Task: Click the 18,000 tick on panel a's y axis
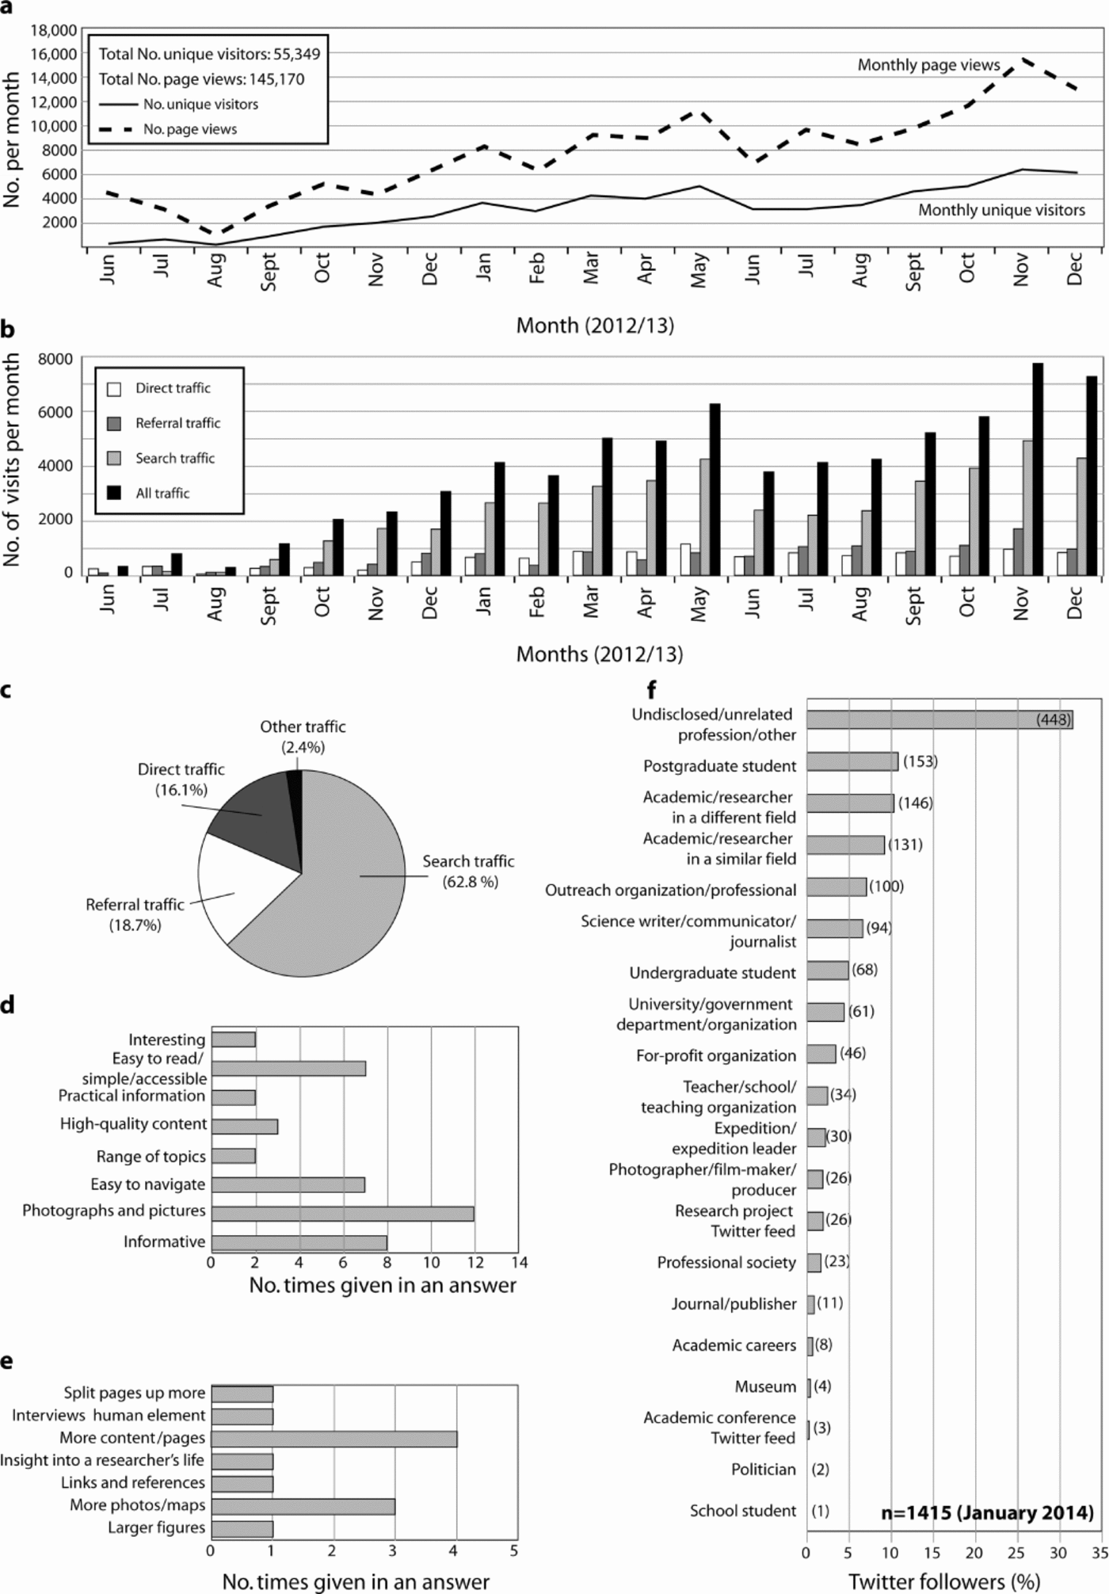pyautogui.click(x=54, y=30)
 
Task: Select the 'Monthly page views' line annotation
pyautogui.click(x=928, y=65)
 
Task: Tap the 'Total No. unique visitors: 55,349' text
pyautogui.click(x=209, y=54)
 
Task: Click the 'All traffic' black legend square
pyautogui.click(x=114, y=493)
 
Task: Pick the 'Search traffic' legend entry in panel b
pyautogui.click(x=174, y=458)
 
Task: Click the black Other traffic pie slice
pyautogui.click(x=295, y=780)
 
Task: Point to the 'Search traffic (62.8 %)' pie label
pyautogui.click(x=468, y=871)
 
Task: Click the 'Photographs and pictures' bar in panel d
pyautogui.click(x=342, y=1214)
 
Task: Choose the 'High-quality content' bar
pyautogui.click(x=244, y=1127)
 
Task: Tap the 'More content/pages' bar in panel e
pyautogui.click(x=333, y=1438)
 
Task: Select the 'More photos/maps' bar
pyautogui.click(x=303, y=1506)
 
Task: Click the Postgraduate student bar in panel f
pyautogui.click(x=852, y=762)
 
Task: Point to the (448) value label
pyautogui.click(x=1053, y=719)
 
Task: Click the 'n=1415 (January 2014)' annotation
pyautogui.click(x=987, y=1512)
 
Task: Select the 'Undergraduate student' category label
pyautogui.click(x=712, y=972)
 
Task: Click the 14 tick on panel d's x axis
pyautogui.click(x=520, y=1262)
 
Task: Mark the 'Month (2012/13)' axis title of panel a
pyautogui.click(x=595, y=326)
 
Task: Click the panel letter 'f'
pyautogui.click(x=651, y=690)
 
